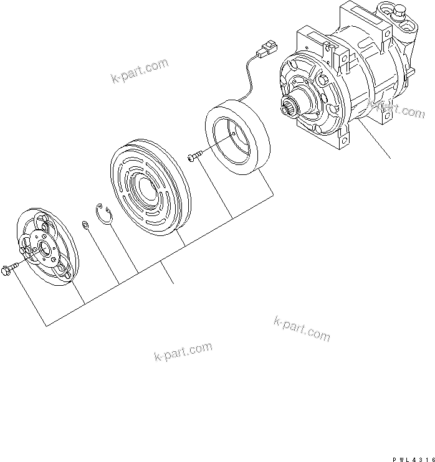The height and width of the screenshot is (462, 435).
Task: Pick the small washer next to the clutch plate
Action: [84, 224]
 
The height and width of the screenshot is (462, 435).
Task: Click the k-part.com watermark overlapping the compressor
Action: [395, 110]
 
